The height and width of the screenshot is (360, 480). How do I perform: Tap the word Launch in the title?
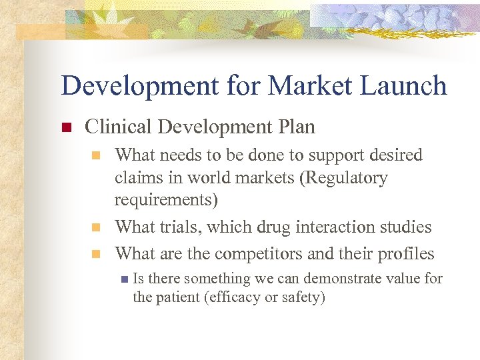coord(406,86)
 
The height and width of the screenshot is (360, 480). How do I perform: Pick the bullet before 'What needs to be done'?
coord(96,156)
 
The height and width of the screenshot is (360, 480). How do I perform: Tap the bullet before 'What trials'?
coord(96,228)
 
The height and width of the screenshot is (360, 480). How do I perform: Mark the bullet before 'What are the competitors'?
coord(96,254)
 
